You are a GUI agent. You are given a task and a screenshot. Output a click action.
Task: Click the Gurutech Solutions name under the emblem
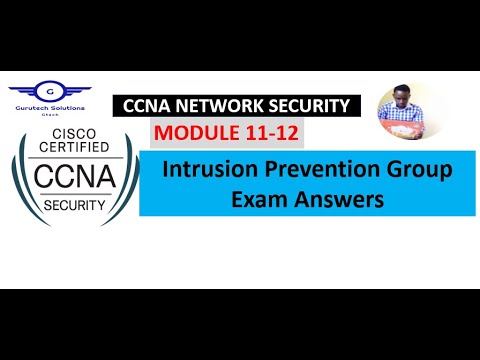pyautogui.click(x=57, y=107)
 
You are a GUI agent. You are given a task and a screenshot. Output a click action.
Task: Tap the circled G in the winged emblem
pyautogui.click(x=57, y=90)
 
